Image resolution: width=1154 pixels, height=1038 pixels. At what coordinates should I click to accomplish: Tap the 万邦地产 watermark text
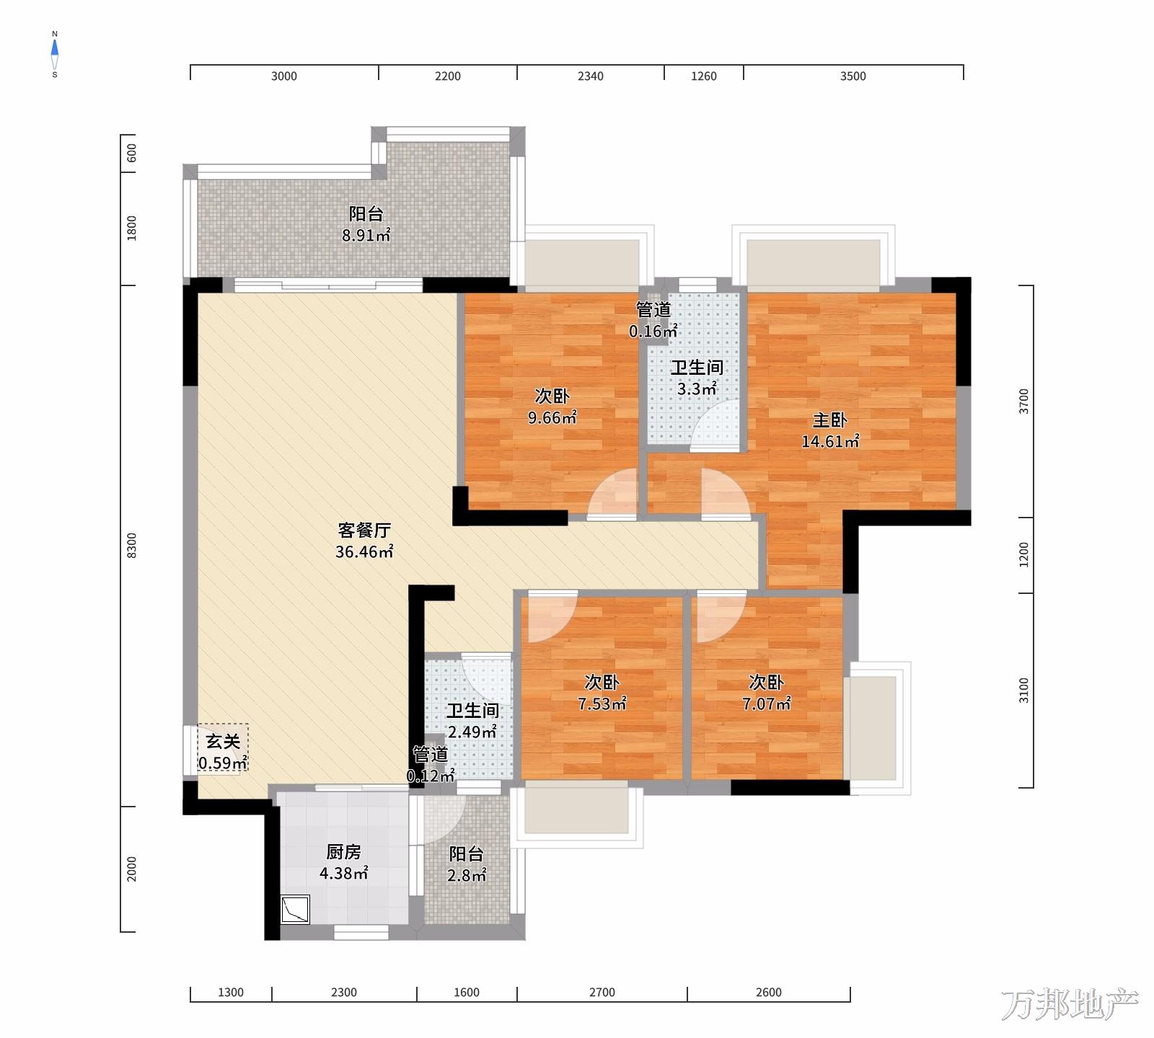tap(1070, 1004)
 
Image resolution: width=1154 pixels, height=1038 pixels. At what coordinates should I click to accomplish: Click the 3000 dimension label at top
tap(284, 76)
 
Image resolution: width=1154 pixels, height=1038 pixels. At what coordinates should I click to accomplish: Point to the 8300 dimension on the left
tap(131, 546)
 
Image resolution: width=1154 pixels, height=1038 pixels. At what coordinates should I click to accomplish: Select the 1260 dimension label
tap(704, 76)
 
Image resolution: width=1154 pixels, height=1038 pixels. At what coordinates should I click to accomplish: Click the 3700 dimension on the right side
tap(1024, 402)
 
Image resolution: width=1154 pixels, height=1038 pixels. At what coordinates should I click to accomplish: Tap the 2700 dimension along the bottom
tap(602, 993)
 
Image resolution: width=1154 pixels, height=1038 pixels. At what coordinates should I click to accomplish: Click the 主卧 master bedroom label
tap(830, 420)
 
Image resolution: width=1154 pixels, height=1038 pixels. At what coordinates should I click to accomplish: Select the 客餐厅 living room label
tap(364, 531)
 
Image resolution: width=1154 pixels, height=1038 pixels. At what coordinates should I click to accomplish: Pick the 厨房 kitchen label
tap(343, 852)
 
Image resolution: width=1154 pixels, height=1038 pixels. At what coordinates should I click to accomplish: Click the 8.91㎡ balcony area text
tap(366, 235)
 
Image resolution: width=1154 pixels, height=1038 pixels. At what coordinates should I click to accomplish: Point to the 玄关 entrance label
tap(223, 741)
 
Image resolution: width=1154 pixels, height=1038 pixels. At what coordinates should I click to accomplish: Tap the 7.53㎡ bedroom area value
tap(602, 704)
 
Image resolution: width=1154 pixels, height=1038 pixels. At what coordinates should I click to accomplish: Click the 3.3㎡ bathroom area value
tap(697, 389)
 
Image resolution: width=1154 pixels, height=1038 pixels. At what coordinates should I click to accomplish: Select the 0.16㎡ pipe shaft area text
tap(653, 332)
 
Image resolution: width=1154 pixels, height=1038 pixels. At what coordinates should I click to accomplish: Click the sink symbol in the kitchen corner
tap(295, 909)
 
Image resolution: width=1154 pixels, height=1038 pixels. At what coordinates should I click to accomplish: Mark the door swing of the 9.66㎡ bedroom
tap(613, 493)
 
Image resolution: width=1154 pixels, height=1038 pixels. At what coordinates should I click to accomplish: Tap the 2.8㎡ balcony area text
tap(467, 875)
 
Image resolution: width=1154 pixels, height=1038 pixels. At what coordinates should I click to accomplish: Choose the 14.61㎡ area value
tap(830, 441)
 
